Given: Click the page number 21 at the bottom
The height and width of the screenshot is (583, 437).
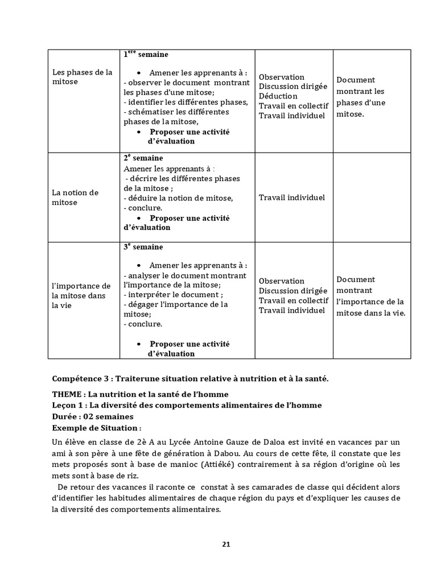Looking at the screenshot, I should [226, 544].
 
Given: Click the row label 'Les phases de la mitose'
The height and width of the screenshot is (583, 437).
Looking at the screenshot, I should [82, 77].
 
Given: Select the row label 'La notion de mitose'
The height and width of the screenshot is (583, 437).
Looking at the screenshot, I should [75, 198].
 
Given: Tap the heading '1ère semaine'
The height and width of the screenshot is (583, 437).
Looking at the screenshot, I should [146, 55].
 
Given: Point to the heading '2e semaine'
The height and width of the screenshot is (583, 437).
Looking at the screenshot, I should [143, 158].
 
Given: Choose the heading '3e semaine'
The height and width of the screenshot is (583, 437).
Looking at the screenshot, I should [143, 247].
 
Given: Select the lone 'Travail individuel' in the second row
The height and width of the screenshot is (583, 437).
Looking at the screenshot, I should [291, 198].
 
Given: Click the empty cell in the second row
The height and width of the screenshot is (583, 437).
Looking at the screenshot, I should [371, 198].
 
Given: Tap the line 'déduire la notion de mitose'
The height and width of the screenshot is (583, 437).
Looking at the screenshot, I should [179, 198].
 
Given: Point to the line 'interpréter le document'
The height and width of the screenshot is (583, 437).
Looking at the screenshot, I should [174, 295].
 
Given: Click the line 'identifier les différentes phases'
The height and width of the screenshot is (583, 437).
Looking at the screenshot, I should [185, 102].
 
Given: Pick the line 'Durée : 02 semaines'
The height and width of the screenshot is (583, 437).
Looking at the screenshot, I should [92, 417].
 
